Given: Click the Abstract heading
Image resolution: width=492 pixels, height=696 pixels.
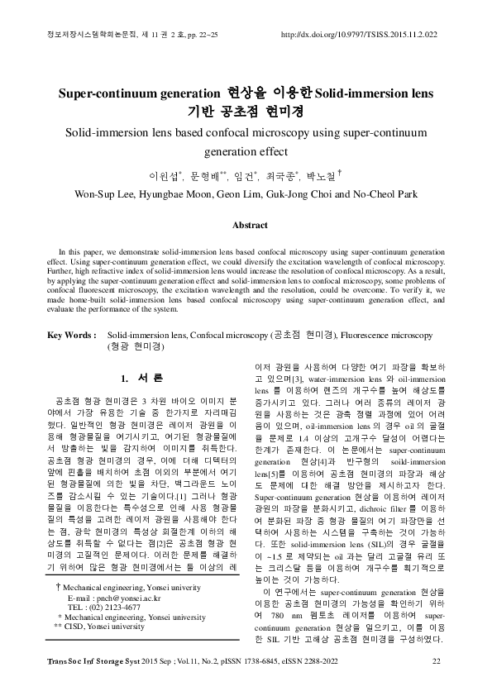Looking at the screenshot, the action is (250, 224).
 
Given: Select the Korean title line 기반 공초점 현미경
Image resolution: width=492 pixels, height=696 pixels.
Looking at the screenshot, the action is (246, 109).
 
